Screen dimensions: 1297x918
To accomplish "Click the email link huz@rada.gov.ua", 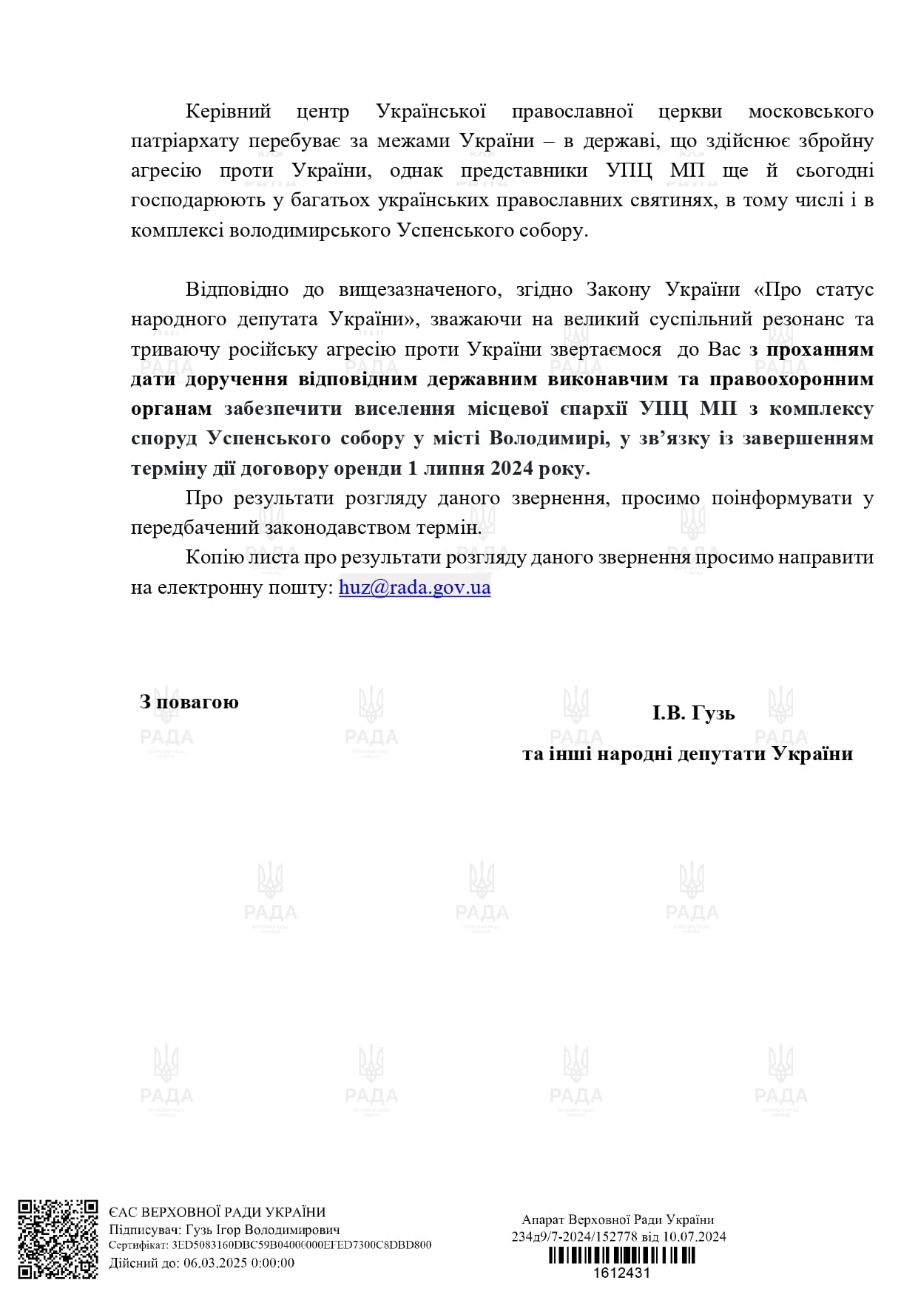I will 414,588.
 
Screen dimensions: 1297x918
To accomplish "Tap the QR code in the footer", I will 58,1239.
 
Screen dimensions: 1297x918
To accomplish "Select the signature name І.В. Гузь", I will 693,714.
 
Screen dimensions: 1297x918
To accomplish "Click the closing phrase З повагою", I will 189,702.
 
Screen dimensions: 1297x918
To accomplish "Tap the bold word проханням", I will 820,349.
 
